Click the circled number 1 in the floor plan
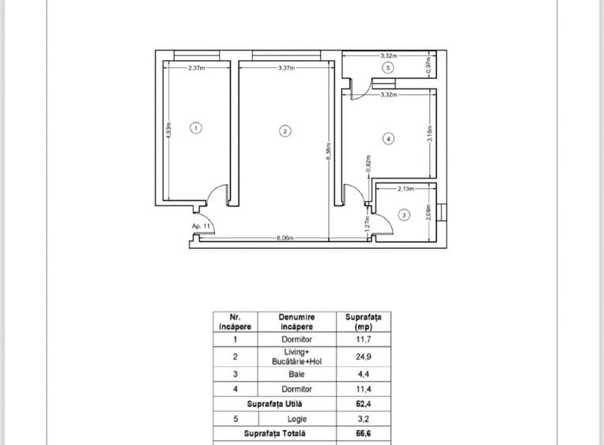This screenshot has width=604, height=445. coord(196,128)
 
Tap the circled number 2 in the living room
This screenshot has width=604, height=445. coord(285,131)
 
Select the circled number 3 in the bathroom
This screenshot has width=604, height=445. coord(404,215)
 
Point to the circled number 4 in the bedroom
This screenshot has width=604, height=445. coord(388,138)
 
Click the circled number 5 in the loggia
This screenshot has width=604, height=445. coord(388,68)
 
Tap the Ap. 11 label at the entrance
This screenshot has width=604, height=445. coord(201,226)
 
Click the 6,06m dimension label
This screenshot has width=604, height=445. coord(285,238)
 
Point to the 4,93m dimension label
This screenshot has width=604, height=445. coord(168,130)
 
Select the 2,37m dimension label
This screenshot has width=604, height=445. coord(196,68)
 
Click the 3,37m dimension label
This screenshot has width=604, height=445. coord(287,68)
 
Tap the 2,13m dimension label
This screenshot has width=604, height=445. coord(406,189)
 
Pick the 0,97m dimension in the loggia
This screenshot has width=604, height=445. coord(429,65)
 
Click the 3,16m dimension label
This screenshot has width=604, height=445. coord(430,134)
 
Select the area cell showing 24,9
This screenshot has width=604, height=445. coord(363,356)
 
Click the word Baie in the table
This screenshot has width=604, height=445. coord(296,374)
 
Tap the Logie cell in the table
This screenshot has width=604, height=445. coord(297,419)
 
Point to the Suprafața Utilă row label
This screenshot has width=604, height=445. coord(274,404)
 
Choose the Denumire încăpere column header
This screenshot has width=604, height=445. coord(296,322)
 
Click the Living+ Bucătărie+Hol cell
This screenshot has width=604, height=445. coord(296,356)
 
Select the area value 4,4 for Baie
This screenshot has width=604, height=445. coord(363,374)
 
